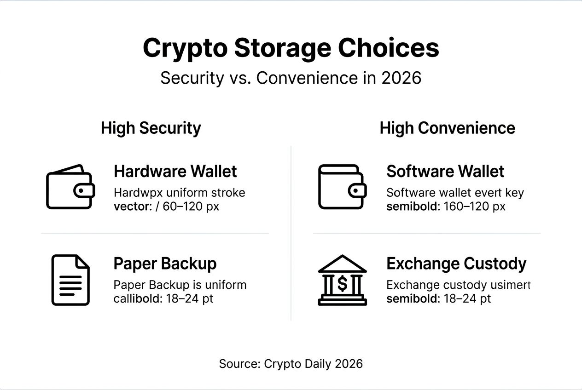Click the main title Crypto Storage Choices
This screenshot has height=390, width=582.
291,48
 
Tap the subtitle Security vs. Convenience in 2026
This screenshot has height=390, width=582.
291,78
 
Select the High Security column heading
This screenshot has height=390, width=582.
151,128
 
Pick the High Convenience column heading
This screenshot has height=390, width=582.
447,128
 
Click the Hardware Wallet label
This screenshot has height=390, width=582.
175,172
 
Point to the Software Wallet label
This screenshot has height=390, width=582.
445,172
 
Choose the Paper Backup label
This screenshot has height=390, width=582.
165,264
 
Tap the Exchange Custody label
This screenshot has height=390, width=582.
456,264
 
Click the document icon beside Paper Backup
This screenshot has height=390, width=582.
70,280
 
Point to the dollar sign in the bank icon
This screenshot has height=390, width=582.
342,284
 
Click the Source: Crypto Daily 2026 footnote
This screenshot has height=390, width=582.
291,364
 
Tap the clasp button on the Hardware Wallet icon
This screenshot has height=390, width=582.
82,190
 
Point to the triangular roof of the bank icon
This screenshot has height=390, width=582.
342,264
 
